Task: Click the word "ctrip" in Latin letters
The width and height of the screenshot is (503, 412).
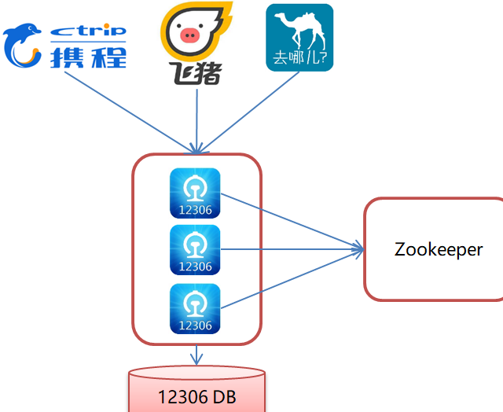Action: pyautogui.click(x=88, y=31)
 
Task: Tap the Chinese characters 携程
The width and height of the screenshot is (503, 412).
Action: pyautogui.click(x=88, y=57)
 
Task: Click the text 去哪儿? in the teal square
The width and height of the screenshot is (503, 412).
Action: pyautogui.click(x=299, y=60)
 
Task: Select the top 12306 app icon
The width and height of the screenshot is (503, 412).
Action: pyautogui.click(x=195, y=193)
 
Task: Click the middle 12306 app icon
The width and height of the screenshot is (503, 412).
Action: pyautogui.click(x=195, y=250)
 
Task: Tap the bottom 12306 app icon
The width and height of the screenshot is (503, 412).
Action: pyautogui.click(x=195, y=308)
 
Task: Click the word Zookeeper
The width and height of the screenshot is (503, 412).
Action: pyautogui.click(x=439, y=250)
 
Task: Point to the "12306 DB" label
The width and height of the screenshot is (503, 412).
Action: pyautogui.click(x=196, y=397)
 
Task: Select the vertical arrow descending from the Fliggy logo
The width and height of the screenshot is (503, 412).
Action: pyautogui.click(x=196, y=118)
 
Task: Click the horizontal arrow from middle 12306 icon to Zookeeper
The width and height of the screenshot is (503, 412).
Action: pyautogui.click(x=291, y=251)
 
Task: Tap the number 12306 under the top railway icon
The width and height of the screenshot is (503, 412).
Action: pyautogui.click(x=195, y=210)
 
